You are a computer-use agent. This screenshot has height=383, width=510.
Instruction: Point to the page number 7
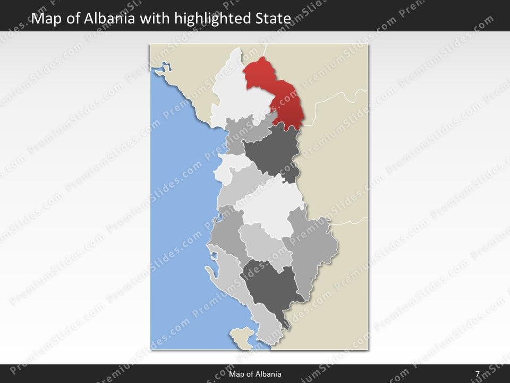[x=478, y=374]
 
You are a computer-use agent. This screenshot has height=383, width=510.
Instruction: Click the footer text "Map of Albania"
[x=255, y=374]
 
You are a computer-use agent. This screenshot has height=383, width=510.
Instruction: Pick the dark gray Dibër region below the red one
[x=272, y=154]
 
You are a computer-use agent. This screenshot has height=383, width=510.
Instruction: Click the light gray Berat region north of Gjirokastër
[x=260, y=242]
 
